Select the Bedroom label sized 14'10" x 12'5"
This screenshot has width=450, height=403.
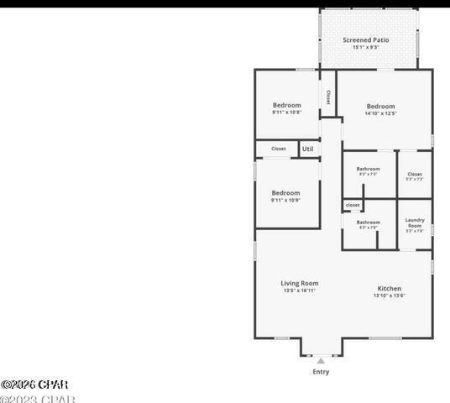[380, 107]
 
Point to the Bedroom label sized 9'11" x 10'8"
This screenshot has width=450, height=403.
[286, 105]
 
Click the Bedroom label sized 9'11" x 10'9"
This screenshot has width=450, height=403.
[285, 193]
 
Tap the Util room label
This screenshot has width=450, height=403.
[307, 149]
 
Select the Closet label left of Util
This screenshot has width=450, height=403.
[278, 149]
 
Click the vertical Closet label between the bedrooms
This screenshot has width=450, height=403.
[327, 97]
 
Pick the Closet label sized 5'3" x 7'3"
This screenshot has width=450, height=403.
[415, 175]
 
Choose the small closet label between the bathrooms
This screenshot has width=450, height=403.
[353, 205]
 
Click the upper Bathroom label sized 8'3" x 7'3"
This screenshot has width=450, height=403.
[368, 169]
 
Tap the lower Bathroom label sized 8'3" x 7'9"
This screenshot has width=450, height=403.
[369, 222]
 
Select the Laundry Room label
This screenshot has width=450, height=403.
[415, 222]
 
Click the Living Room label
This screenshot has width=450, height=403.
[299, 284]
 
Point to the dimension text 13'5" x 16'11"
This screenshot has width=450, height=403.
[299, 291]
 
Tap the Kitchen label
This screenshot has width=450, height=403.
[389, 288]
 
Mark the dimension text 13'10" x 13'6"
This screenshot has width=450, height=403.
[389, 296]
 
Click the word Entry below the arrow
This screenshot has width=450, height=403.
[321, 372]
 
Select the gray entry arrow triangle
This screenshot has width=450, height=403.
[321, 361]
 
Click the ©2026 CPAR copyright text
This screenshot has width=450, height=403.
[34, 385]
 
